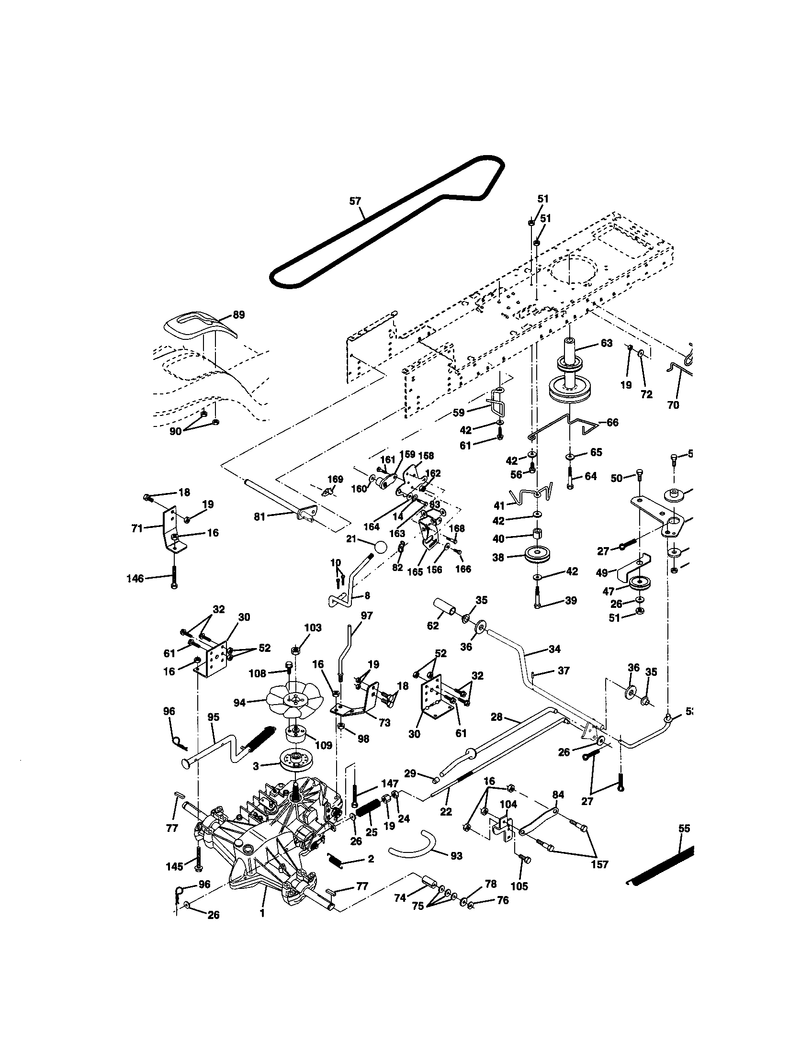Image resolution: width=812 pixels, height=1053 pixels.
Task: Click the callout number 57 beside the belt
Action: click(x=355, y=201)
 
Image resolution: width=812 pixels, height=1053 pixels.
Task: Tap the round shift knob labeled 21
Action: click(x=380, y=548)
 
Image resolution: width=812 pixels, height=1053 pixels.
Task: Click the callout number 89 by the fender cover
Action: click(x=238, y=315)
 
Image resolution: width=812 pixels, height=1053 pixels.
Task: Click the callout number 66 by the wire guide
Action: click(x=612, y=422)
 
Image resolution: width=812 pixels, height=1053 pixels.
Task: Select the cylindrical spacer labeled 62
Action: click(x=446, y=605)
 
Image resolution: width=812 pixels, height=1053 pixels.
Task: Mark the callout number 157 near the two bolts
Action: click(x=599, y=864)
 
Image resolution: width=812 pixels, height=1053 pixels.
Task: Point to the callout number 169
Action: click(x=335, y=479)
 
